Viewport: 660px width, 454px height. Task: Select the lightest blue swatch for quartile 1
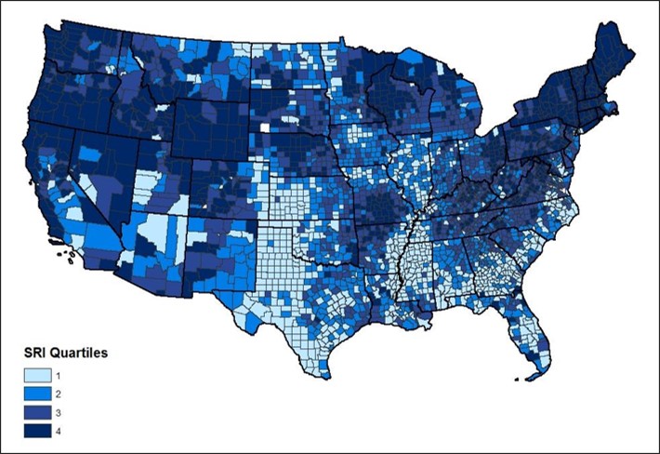[x=35, y=376]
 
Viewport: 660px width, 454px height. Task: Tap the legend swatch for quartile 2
[x=35, y=394]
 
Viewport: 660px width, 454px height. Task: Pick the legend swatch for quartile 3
[x=35, y=412]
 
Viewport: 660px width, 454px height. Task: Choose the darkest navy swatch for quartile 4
[x=35, y=431]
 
